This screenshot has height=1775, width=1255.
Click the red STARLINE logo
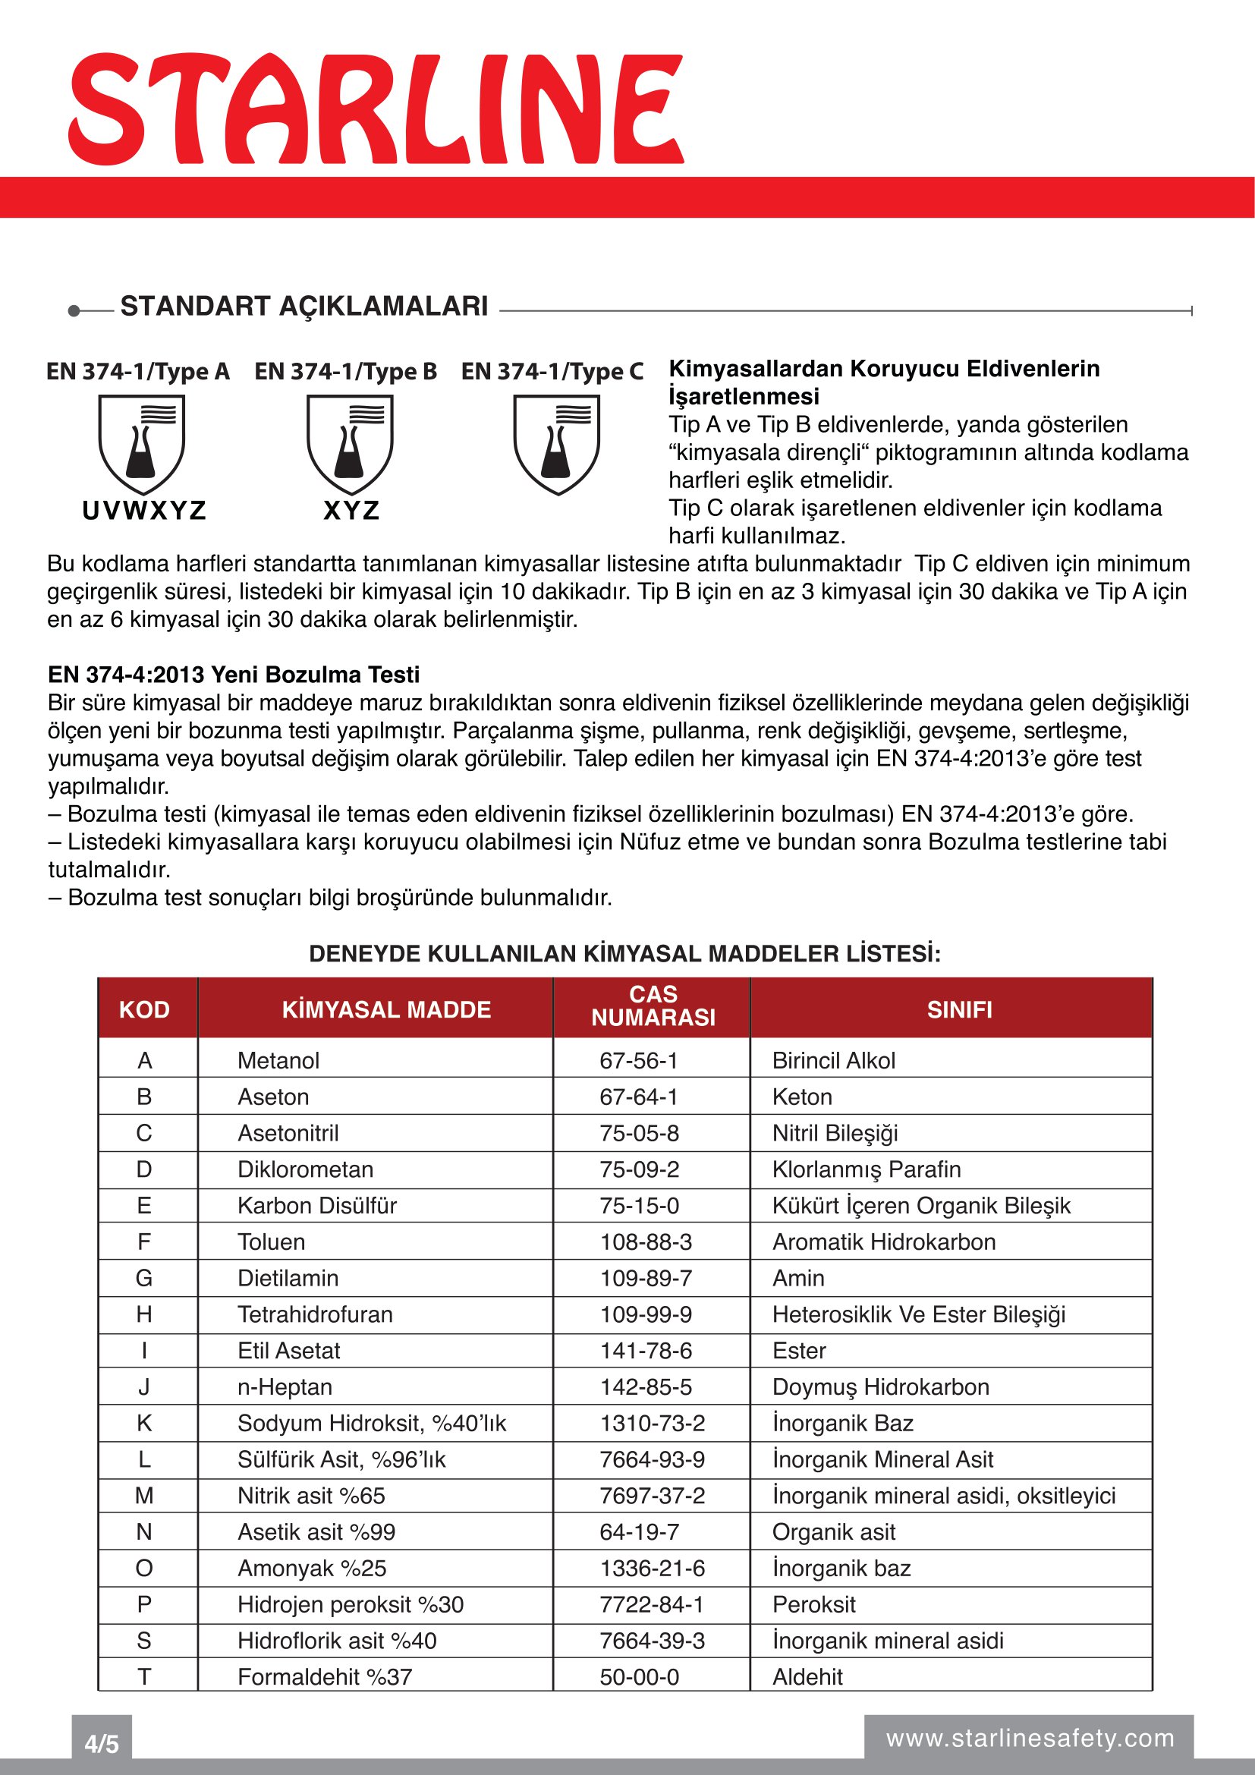[376, 109]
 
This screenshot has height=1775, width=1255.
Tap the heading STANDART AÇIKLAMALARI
[304, 306]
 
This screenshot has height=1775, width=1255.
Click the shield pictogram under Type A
[141, 444]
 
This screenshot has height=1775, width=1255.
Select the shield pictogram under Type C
[556, 444]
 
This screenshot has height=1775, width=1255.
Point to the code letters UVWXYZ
[143, 511]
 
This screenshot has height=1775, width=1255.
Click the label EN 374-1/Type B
[345, 372]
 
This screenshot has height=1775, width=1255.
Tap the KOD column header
[144, 1009]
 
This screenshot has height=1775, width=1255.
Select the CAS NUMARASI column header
[653, 1006]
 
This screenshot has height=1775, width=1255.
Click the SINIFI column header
[959, 1009]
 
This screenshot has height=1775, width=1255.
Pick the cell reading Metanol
[278, 1061]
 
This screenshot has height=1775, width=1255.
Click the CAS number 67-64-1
[638, 1097]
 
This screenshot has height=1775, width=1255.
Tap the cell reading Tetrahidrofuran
[315, 1314]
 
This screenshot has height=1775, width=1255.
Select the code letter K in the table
[144, 1423]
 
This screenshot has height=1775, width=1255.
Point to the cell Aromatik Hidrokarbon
[883, 1242]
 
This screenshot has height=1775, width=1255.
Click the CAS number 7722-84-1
[652, 1605]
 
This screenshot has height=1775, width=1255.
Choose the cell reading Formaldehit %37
[325, 1677]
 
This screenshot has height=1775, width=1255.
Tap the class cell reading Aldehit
[807, 1677]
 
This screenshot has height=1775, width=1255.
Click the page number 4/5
[101, 1744]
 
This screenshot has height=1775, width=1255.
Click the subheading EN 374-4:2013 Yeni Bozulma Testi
[234, 675]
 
